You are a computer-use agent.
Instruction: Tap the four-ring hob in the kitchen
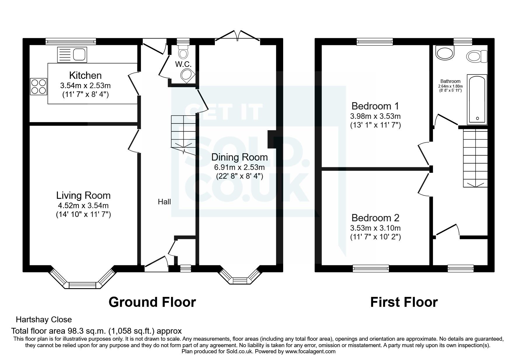(38, 87)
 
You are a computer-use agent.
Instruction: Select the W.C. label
(183, 64)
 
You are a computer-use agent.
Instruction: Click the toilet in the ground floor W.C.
(183, 53)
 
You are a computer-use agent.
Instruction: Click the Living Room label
(83, 195)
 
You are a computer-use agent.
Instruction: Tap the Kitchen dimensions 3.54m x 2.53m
(85, 86)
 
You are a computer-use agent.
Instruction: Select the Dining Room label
(239, 157)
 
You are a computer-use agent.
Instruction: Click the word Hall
(164, 202)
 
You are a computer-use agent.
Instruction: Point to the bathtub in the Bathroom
(477, 99)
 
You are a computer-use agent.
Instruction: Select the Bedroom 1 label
(375, 106)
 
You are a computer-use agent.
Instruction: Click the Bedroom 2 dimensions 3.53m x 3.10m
(375, 228)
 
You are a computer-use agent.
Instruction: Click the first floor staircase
(475, 158)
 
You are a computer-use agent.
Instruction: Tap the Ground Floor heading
(152, 302)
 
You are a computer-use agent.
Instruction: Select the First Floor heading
(404, 302)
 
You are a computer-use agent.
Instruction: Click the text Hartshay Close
(44, 320)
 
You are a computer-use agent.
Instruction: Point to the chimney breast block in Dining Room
(271, 139)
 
